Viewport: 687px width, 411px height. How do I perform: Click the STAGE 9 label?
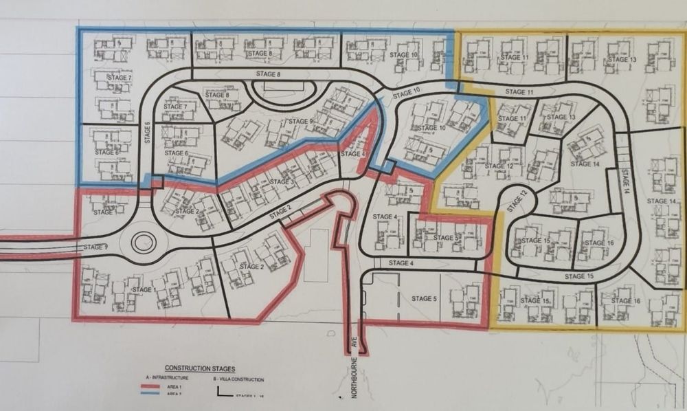point(301,122)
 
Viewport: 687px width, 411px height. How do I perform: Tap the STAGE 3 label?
point(282,181)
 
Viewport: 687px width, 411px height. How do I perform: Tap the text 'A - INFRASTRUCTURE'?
point(168,379)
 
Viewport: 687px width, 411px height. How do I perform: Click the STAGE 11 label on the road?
point(519,92)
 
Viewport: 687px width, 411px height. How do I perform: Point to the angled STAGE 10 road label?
point(407,93)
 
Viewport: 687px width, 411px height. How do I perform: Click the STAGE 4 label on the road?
point(401,264)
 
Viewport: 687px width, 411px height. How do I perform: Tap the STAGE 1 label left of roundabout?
point(96,247)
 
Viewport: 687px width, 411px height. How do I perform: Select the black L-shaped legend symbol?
point(223,393)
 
